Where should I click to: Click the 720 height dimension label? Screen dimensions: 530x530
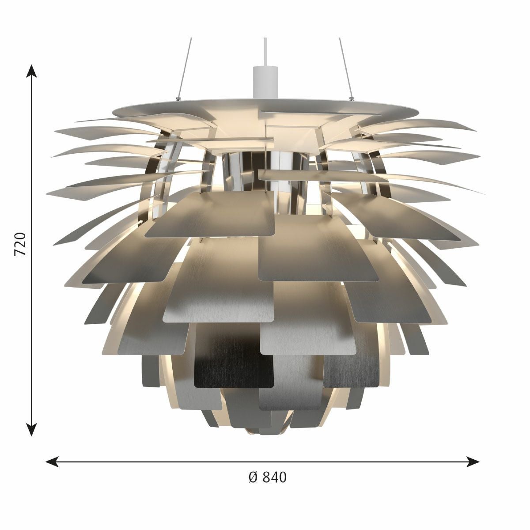[20, 244]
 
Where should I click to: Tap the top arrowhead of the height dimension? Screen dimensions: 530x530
[32, 72]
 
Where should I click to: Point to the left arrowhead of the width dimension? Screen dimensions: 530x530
[52, 461]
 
